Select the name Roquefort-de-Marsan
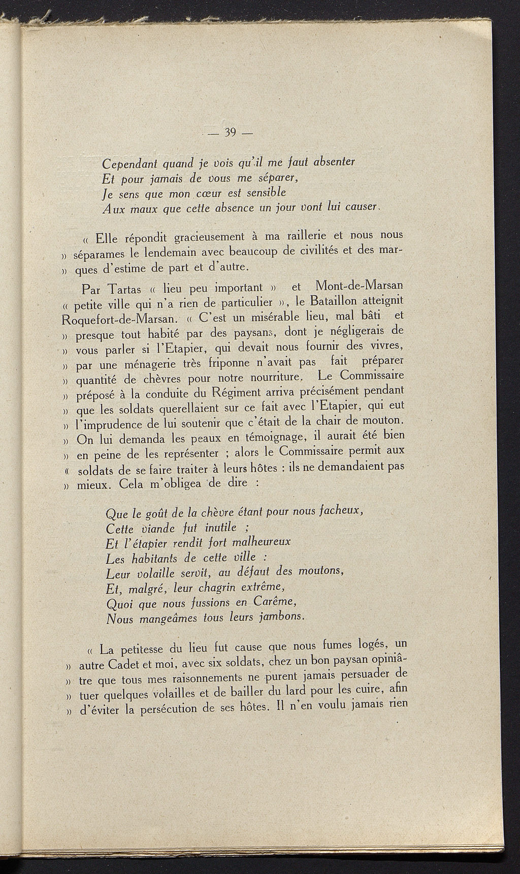[120, 320]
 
